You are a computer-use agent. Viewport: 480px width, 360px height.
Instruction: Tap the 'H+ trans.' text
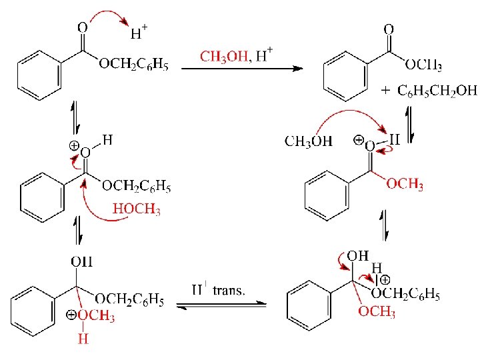pos(218,290)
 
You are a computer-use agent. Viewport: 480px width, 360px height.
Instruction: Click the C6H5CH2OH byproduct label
pos(437,91)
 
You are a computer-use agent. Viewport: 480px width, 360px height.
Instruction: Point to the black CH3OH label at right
pos(309,141)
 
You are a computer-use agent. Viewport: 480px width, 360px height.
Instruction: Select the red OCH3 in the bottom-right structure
pos(377,312)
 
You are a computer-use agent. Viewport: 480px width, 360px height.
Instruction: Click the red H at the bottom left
pos(83,339)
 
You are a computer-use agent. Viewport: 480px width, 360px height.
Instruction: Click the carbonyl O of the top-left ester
pos(82,29)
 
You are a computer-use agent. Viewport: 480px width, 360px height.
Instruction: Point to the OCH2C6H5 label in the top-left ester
pos(133,65)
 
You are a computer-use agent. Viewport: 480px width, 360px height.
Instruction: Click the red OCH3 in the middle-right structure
pos(405,185)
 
